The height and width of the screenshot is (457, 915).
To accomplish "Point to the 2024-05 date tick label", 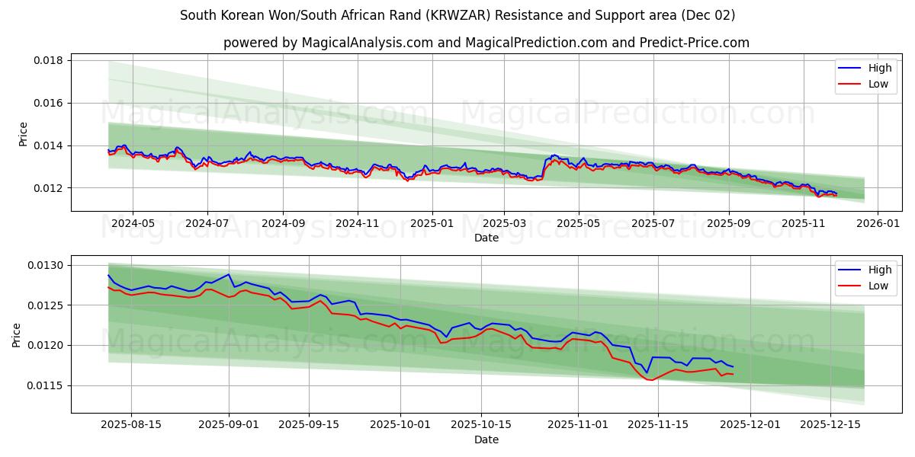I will click(x=133, y=223).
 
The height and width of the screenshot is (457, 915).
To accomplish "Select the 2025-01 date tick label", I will click(x=432, y=223).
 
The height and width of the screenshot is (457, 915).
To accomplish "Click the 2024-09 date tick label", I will click(x=283, y=223).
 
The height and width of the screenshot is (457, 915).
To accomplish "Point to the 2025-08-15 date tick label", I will click(x=130, y=425).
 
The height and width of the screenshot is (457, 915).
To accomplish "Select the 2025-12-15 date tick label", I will click(x=830, y=425).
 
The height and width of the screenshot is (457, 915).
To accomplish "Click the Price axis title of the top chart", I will click(x=23, y=133).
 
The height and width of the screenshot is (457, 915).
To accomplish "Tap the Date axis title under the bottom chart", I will click(x=486, y=439).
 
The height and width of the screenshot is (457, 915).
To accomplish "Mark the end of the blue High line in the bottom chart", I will click(x=733, y=366).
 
